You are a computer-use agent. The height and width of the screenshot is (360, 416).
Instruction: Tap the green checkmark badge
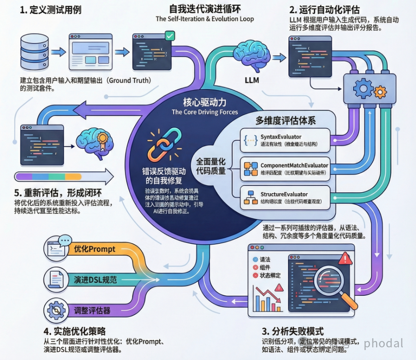[170, 35]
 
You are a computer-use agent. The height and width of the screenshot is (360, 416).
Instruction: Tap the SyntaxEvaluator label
[281, 137]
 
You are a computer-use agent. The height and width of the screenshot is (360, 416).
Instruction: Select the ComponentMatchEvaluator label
[294, 166]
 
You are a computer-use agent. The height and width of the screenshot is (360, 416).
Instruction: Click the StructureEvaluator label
[284, 194]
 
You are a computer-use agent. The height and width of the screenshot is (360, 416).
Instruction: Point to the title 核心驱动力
[204, 102]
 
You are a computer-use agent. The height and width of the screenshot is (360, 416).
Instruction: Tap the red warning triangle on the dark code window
[345, 258]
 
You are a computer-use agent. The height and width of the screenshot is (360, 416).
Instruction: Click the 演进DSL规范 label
[95, 280]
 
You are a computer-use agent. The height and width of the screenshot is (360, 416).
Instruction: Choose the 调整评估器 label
[92, 311]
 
